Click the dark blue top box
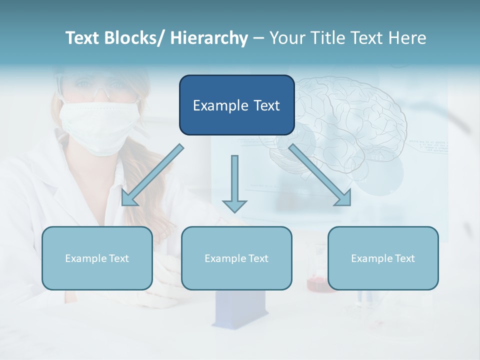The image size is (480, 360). click(x=236, y=105)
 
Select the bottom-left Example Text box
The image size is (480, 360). click(x=97, y=258)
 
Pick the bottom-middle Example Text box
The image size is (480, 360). click(x=236, y=258)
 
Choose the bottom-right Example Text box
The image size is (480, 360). click(x=383, y=258)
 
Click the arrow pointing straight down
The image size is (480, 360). click(x=234, y=185)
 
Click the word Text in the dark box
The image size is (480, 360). click(x=264, y=105)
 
